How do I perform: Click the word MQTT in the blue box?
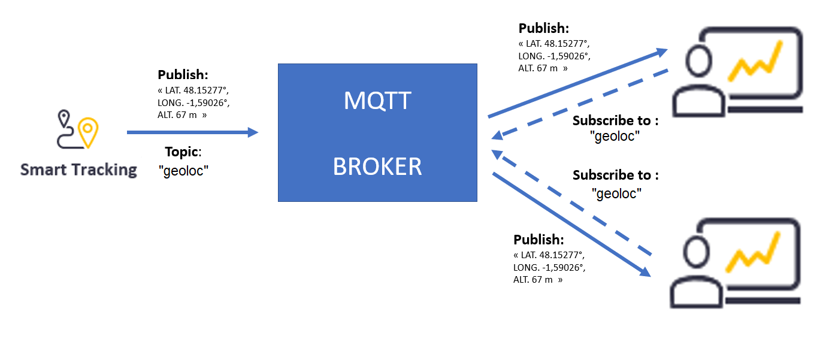[377, 101]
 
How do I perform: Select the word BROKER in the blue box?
[377, 167]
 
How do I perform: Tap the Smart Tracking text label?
[78, 170]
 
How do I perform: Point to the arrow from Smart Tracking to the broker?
[192, 132]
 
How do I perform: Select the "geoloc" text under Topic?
[183, 171]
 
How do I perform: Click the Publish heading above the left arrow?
[183, 75]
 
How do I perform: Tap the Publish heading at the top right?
[543, 28]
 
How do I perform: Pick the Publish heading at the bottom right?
[538, 240]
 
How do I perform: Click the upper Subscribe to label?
[615, 120]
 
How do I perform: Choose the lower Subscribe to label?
[615, 175]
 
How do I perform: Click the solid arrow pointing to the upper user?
[578, 83]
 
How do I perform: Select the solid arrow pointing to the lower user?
[572, 225]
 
